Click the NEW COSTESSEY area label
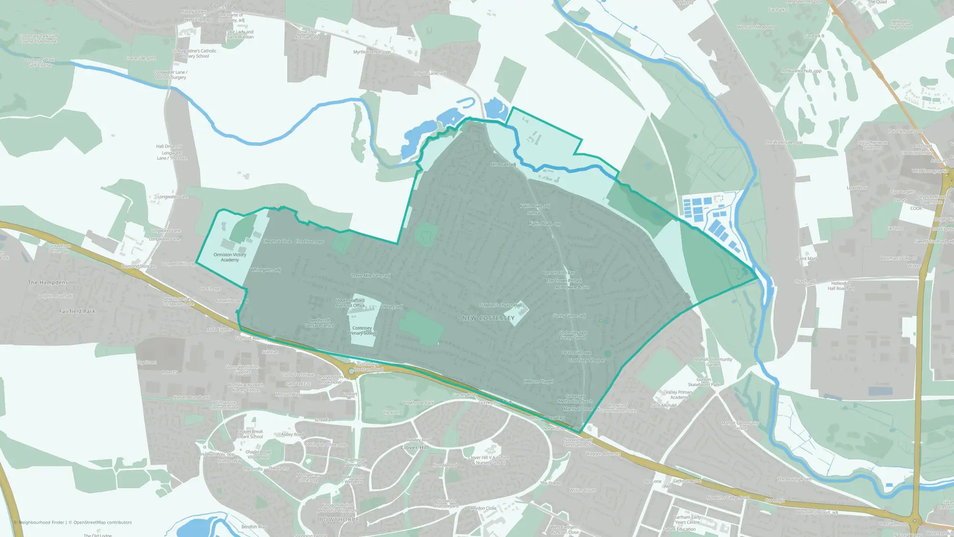[x=488, y=318]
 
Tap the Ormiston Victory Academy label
[x=229, y=257]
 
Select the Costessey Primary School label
[x=362, y=330]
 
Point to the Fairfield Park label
[x=77, y=311]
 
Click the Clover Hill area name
[x=415, y=448]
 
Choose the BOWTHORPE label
[x=339, y=519]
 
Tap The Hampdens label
[x=48, y=283]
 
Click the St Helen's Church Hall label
[x=500, y=305]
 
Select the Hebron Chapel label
[x=539, y=381]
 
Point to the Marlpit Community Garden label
[x=713, y=362]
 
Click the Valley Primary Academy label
[x=679, y=395]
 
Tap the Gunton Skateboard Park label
[x=704, y=382]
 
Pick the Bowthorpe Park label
[x=418, y=403]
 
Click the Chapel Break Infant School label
[x=250, y=434]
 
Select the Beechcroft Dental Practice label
[x=320, y=323]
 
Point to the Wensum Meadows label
[x=755, y=27]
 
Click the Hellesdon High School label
[x=901, y=24]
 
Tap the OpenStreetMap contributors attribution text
[x=100, y=522]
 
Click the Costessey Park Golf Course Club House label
[x=38, y=39]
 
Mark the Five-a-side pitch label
[x=141, y=58]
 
